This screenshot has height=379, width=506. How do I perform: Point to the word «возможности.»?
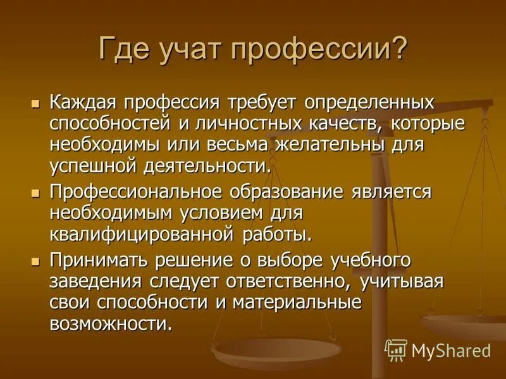coord(111,325)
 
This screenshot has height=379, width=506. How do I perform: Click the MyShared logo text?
coord(450,350)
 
